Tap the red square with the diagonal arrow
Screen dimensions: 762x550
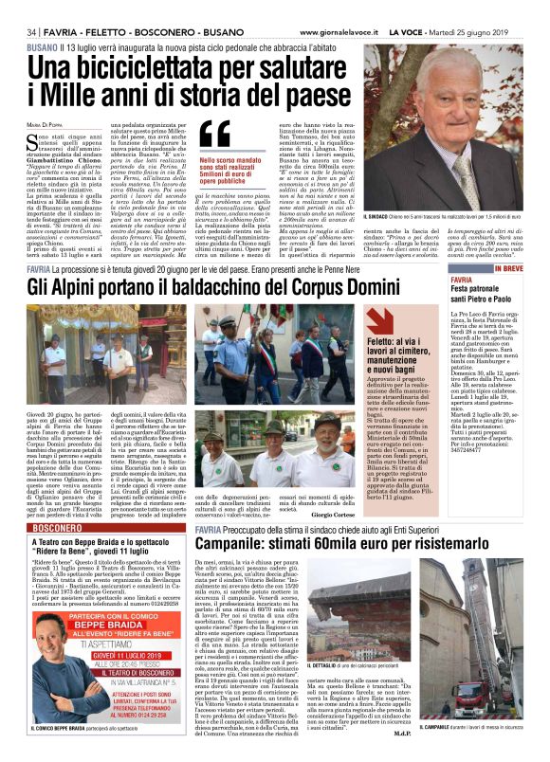pos(382,322)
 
